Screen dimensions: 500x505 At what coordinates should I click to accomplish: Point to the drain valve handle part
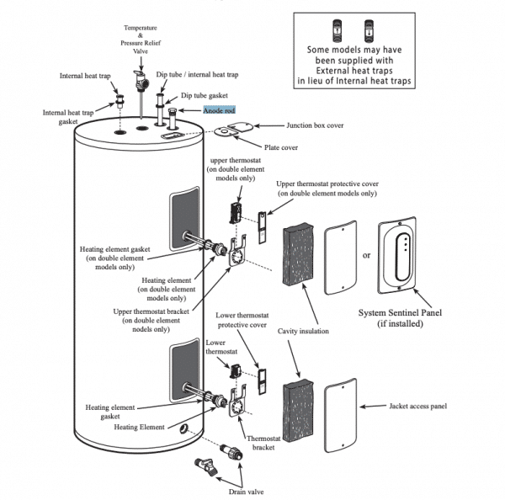201,464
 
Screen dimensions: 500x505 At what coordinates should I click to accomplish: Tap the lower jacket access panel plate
345,413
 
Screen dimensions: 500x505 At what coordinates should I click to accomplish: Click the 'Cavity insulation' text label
301,331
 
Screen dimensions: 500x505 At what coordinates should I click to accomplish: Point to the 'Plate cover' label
282,147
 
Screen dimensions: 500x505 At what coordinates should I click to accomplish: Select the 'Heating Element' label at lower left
139,427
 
